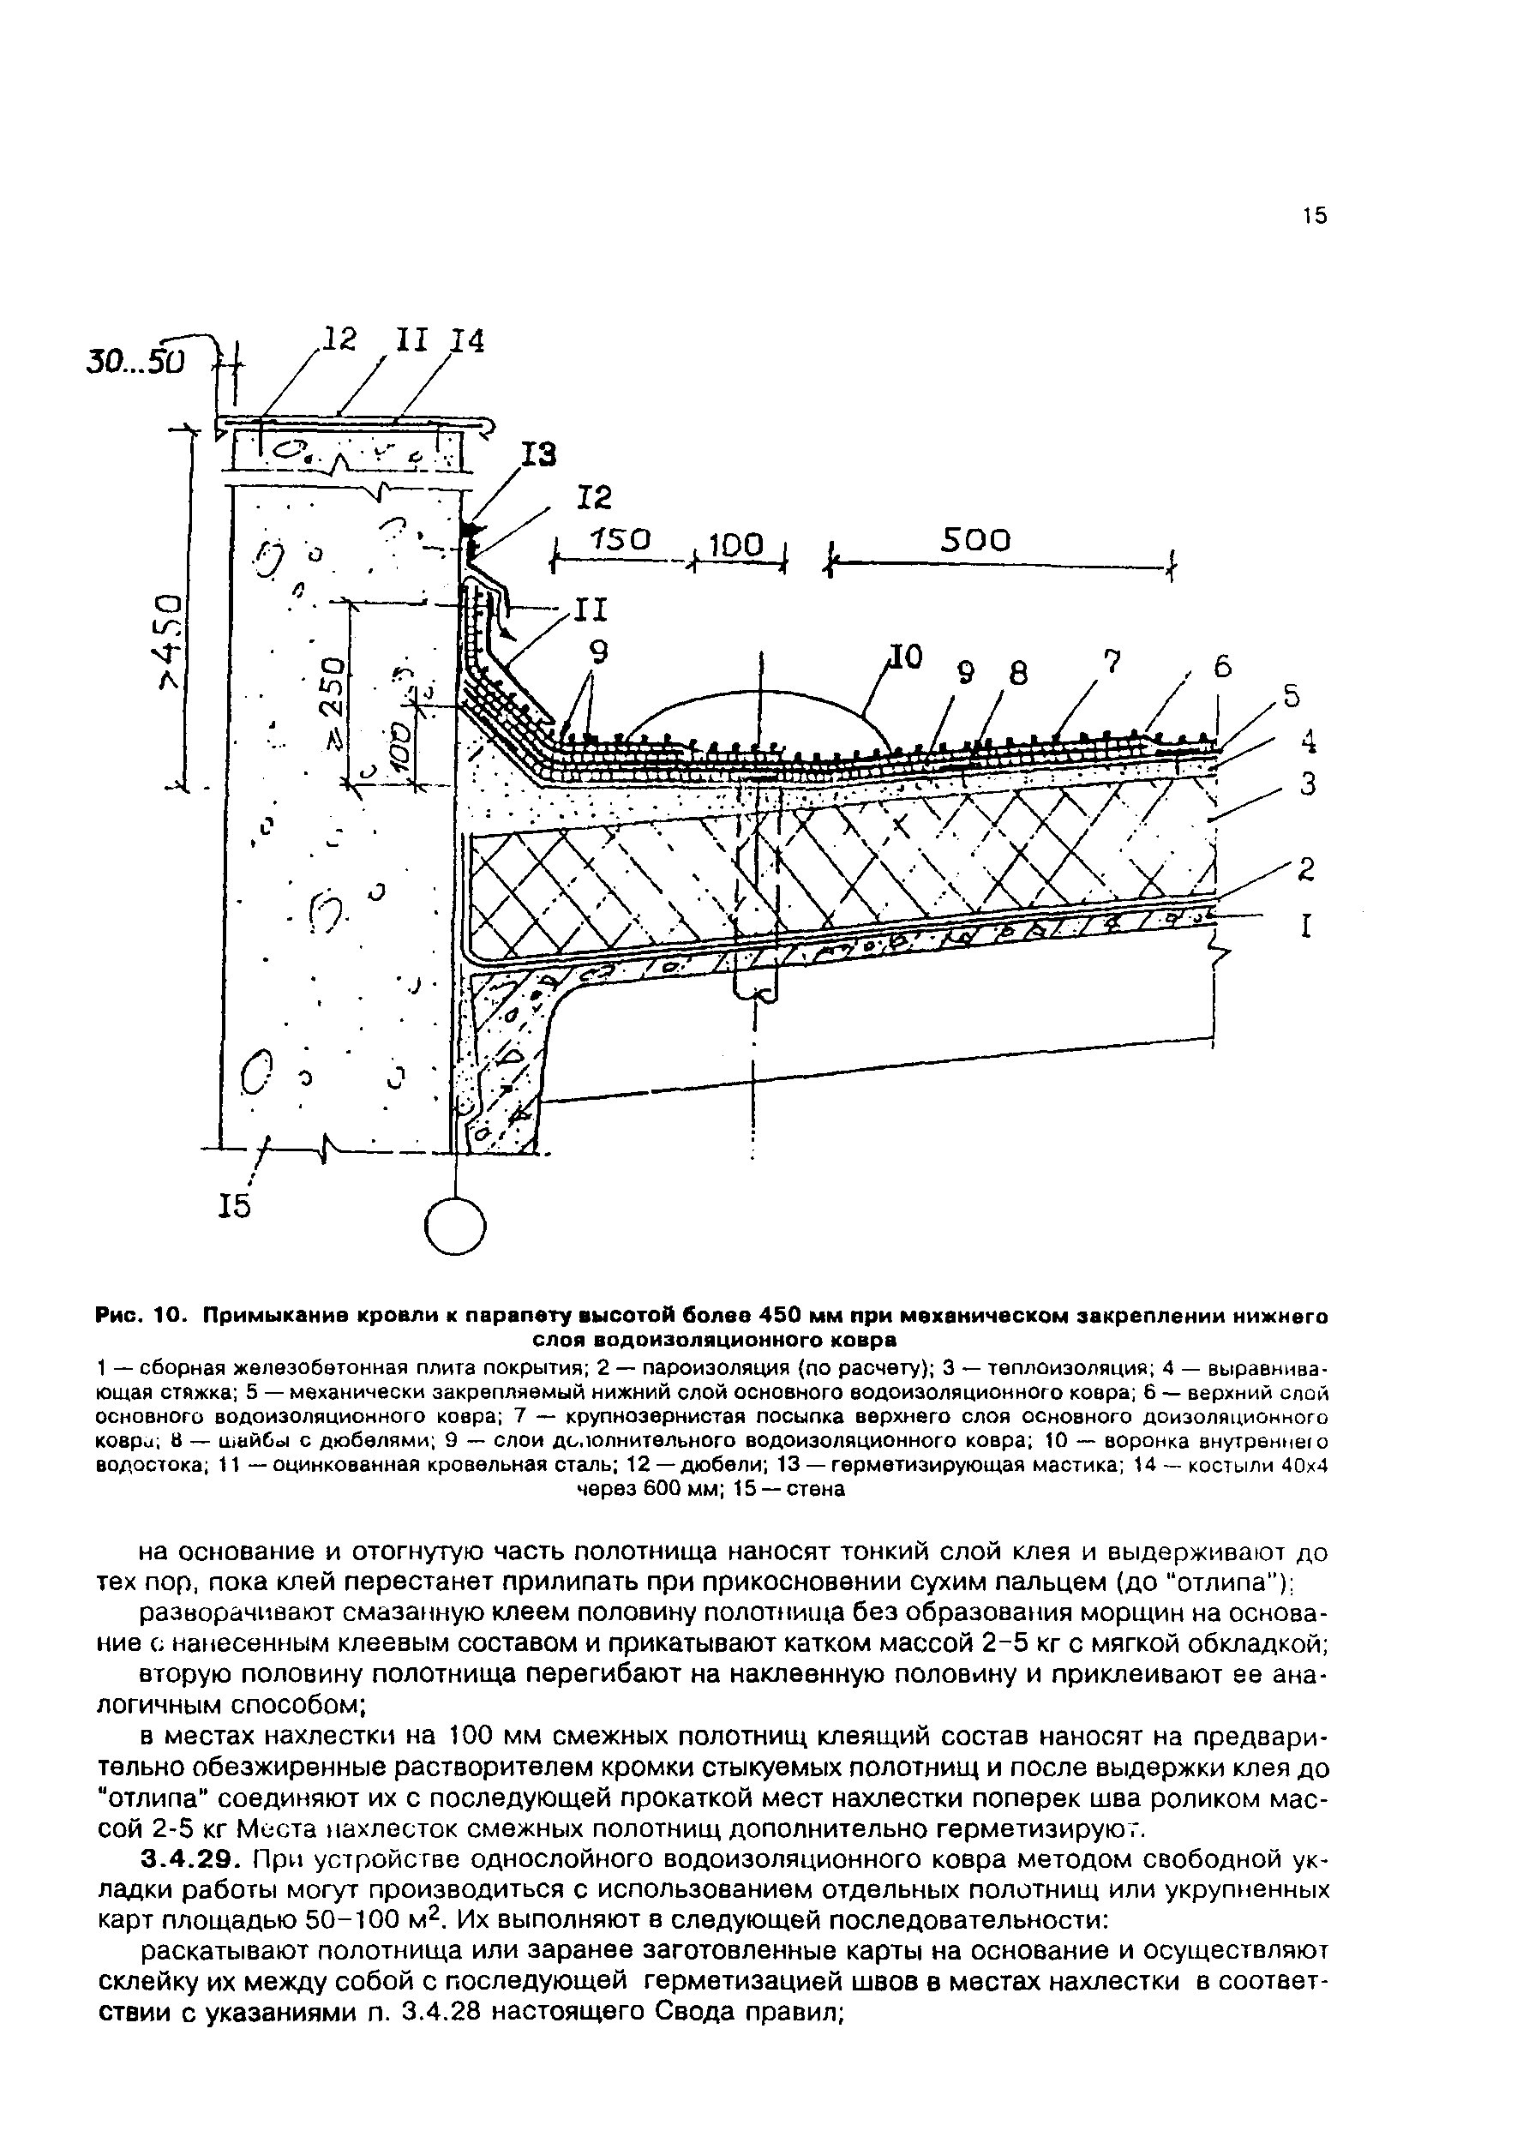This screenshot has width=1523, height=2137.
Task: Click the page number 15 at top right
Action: tap(1314, 217)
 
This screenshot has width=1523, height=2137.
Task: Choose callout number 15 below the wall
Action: tap(235, 1206)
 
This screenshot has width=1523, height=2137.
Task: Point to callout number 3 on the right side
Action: tap(1307, 782)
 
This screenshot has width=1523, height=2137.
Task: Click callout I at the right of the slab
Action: tap(1304, 927)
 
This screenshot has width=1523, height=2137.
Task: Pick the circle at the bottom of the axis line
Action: tap(455, 1227)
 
